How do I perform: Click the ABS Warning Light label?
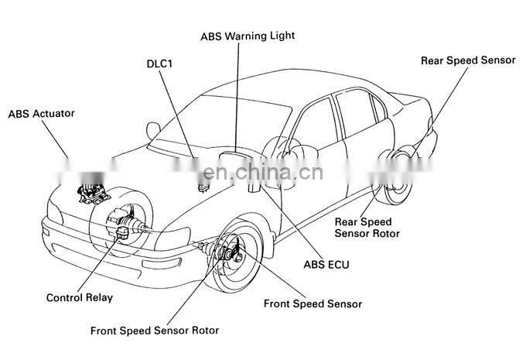[x=248, y=36]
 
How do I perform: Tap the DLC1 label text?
[x=159, y=64]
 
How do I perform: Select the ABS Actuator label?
[x=41, y=113]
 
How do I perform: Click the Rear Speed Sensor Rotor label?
[x=367, y=227]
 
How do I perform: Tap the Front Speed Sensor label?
[x=313, y=303]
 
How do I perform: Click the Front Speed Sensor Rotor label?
[x=154, y=331]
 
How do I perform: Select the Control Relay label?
[x=80, y=297]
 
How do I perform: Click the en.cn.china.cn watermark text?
[x=263, y=173]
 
